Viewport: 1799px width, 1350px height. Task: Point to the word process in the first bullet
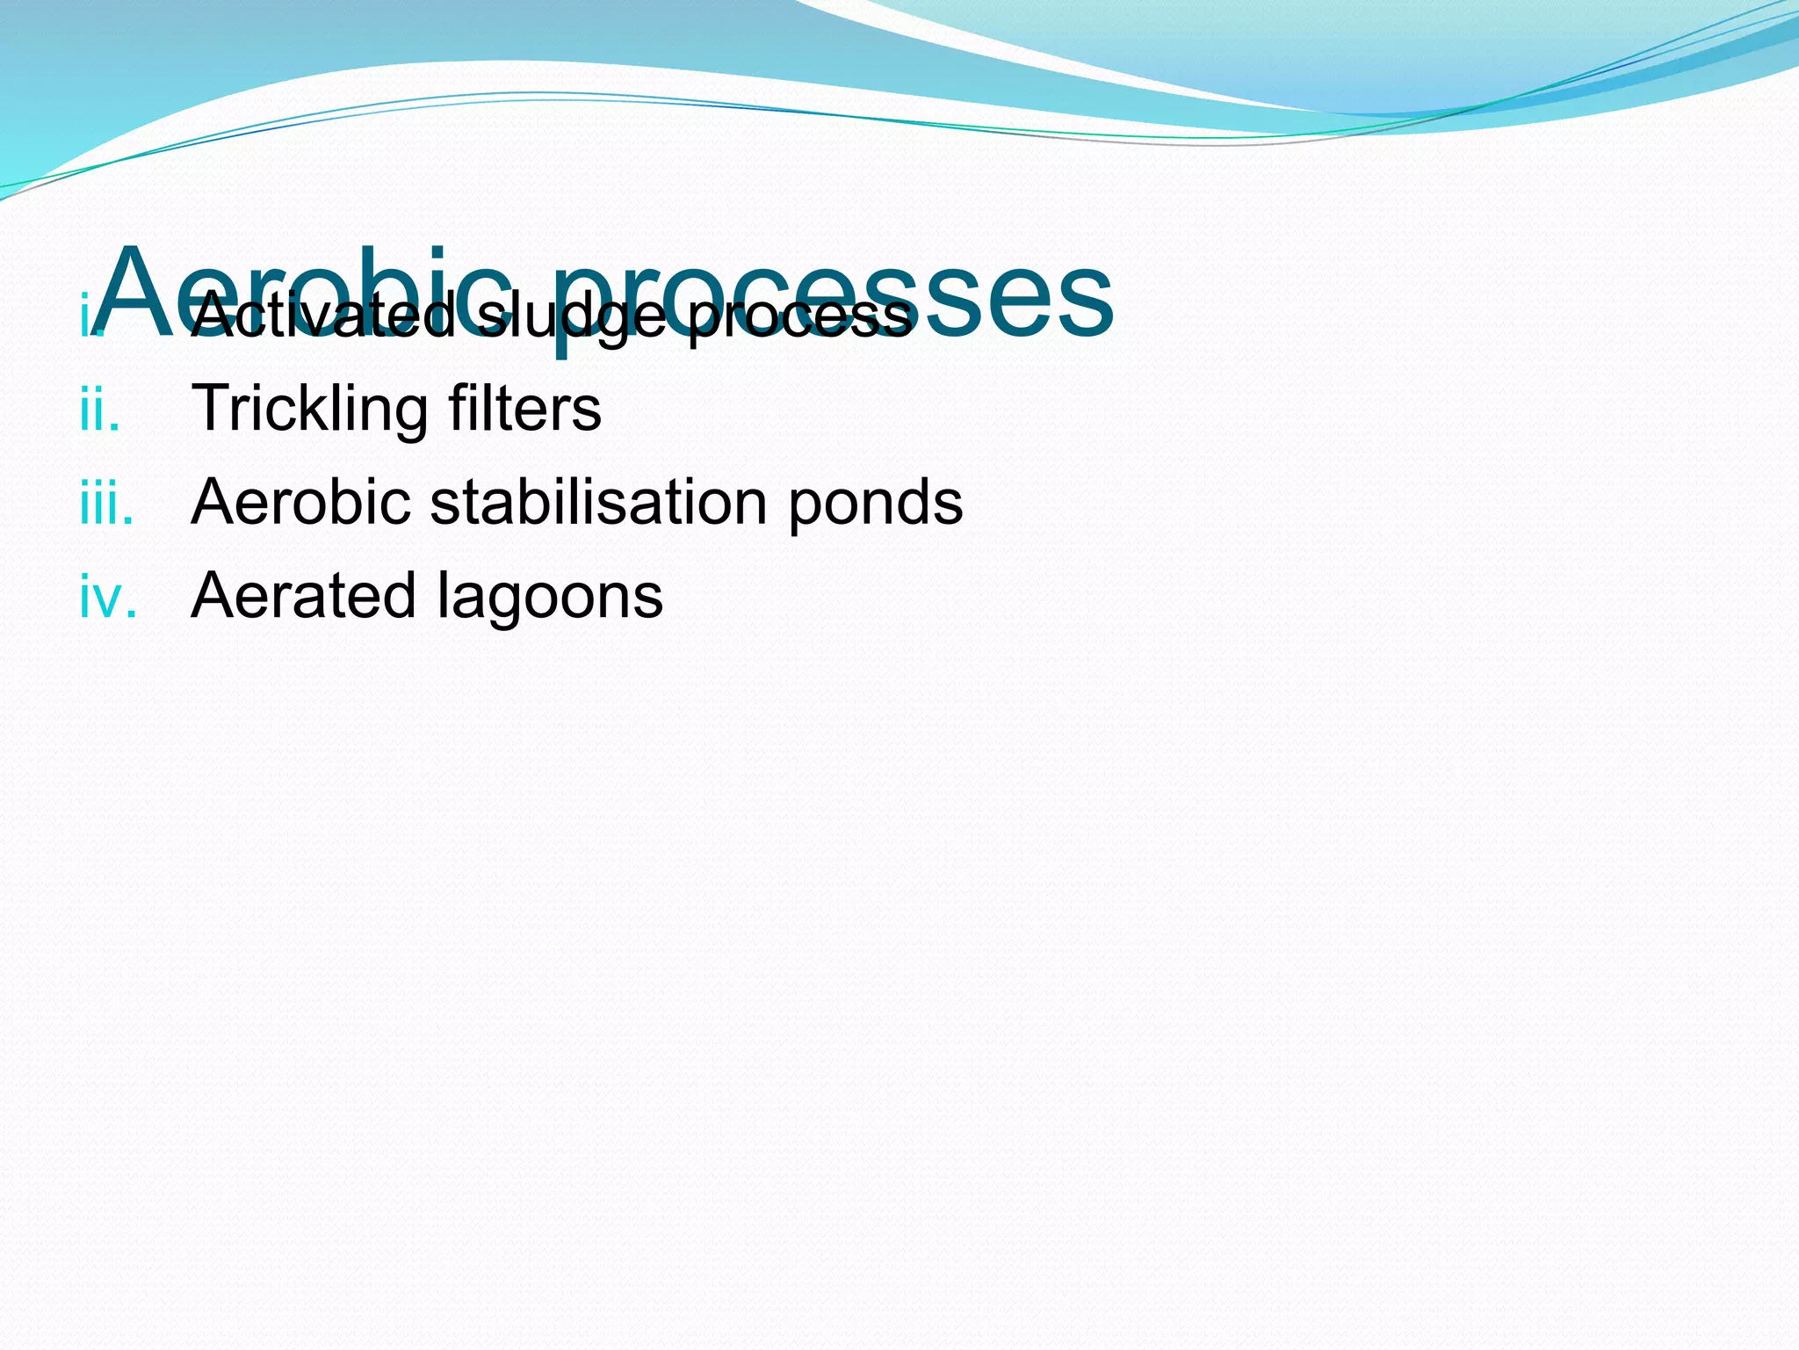coord(799,320)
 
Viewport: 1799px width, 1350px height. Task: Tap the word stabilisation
coord(598,502)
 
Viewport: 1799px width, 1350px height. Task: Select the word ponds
coord(875,504)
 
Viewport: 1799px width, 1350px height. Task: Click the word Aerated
coord(303,596)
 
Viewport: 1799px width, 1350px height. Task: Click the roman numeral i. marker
coord(88,318)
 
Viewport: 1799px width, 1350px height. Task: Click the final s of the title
coord(1090,303)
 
